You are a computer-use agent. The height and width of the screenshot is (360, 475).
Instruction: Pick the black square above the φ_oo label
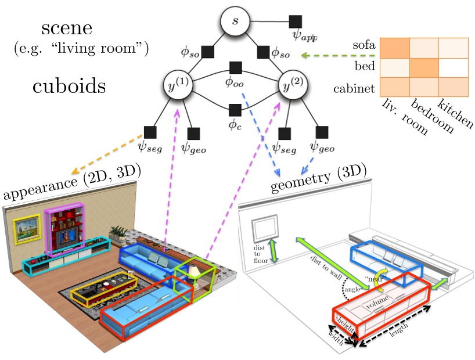(x=235, y=67)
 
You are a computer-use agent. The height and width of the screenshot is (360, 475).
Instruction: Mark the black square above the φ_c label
(x=235, y=109)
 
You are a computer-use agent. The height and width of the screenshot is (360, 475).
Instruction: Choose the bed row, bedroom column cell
(x=423, y=67)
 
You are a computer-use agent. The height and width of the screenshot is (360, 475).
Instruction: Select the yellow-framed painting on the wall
(x=28, y=227)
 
